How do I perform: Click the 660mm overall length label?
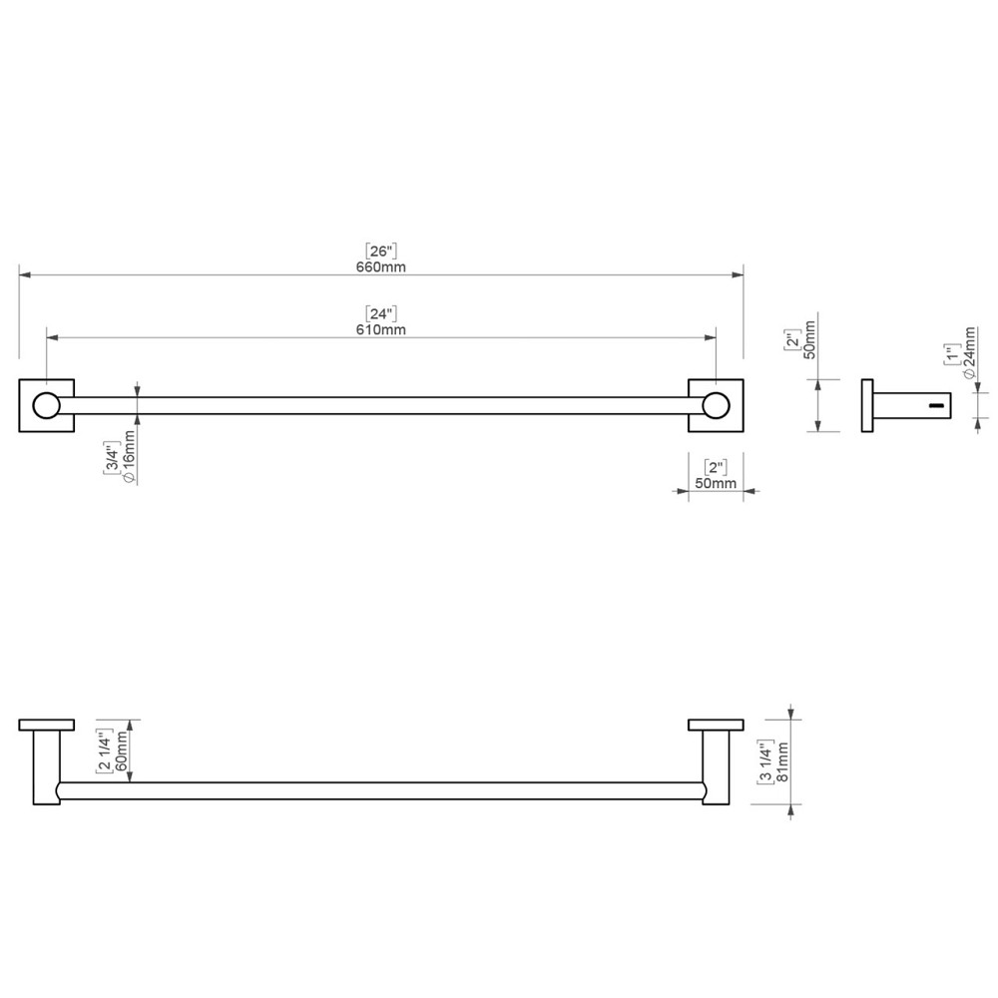(x=381, y=266)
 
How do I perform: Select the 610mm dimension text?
(x=381, y=329)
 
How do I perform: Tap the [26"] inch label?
(x=381, y=249)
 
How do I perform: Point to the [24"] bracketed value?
(x=381, y=312)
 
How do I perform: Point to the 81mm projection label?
(x=782, y=762)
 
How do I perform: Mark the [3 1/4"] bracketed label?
(x=765, y=762)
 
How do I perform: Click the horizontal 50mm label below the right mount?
(x=715, y=483)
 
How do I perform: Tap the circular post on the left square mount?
(x=45, y=405)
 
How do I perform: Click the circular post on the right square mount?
(x=715, y=405)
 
